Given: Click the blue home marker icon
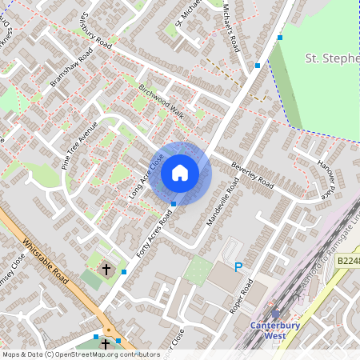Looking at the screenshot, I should pos(180,173).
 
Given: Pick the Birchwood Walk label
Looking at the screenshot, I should pos(162,102).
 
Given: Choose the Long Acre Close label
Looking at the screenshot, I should pos(146,176).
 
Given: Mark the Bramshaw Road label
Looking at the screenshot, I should pos(71,68).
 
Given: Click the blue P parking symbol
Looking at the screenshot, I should pos(238,266).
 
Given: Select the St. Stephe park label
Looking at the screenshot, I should pos(332,58).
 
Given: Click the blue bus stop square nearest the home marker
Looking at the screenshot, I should pos(174,205).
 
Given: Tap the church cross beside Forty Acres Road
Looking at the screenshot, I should pos(106,270).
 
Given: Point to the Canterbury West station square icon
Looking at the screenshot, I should pos(276,314).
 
